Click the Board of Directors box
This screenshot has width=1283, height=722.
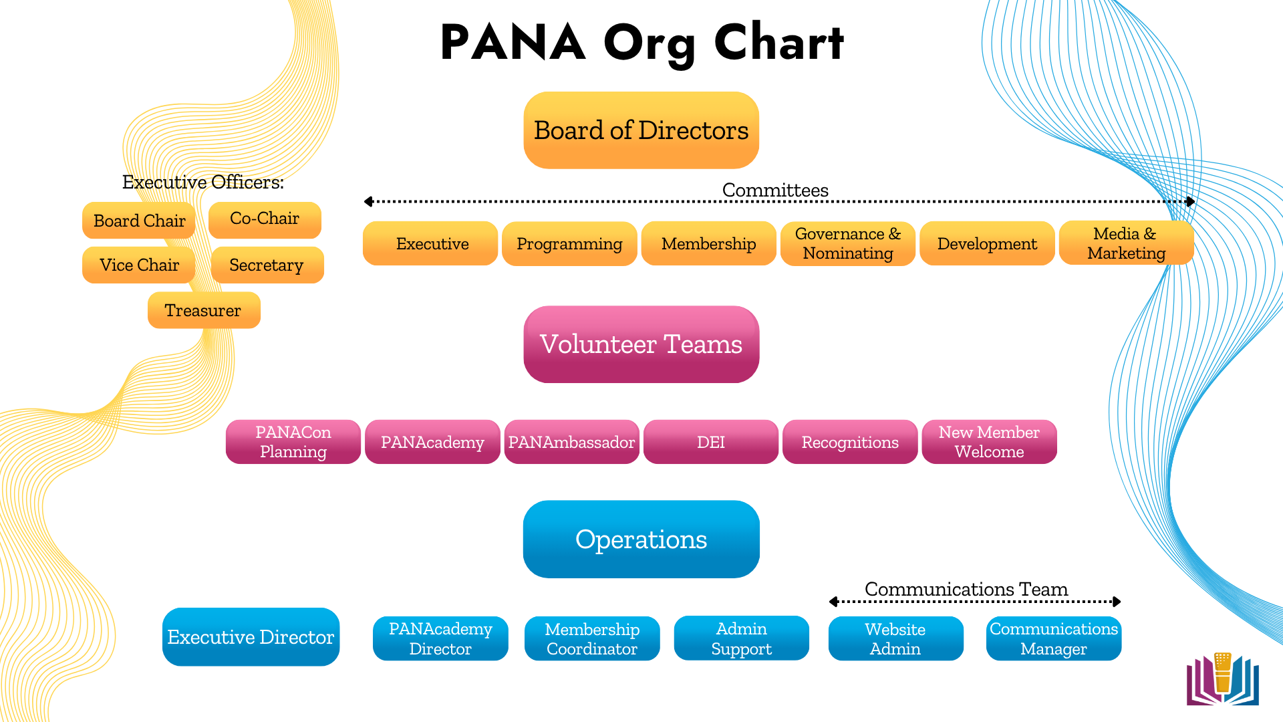tap(641, 130)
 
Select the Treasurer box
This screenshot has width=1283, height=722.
tap(204, 310)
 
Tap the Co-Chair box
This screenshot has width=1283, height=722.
tap(265, 219)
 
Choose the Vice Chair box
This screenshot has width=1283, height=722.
tap(139, 265)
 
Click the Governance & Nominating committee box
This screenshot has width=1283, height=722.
tap(847, 243)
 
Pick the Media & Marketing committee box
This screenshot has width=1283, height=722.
tap(1126, 243)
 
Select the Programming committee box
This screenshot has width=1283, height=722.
tap(569, 244)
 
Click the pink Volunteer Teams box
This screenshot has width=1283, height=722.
tap(641, 344)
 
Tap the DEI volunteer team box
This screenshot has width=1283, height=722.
tap(710, 442)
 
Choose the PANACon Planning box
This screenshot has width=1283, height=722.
tap(293, 442)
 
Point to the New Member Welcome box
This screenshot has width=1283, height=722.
tap(989, 442)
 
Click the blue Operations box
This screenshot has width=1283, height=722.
tap(641, 539)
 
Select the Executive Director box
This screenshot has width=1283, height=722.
tap(251, 637)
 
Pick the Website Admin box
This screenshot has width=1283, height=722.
tap(895, 638)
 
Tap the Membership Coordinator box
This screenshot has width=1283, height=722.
tap(592, 638)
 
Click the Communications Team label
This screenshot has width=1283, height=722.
tap(966, 589)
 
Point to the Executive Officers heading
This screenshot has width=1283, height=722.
tap(203, 182)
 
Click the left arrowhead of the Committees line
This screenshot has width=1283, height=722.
tap(368, 201)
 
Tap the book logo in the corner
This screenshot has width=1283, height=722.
tap(1222, 679)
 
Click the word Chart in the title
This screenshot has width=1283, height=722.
tap(778, 42)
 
